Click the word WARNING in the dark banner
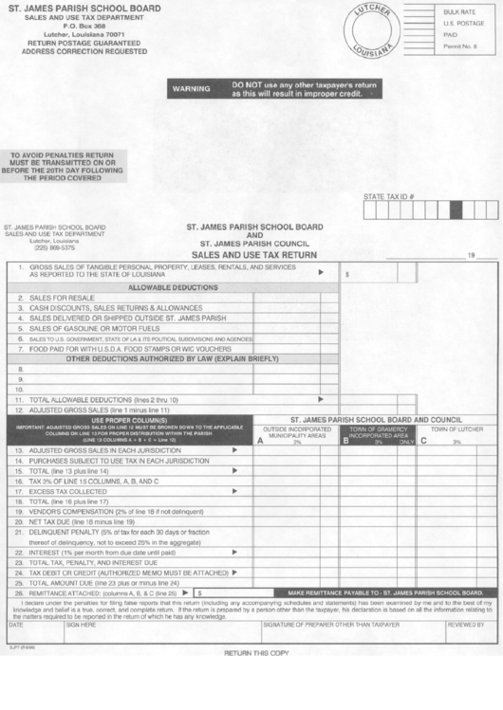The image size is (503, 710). [191, 89]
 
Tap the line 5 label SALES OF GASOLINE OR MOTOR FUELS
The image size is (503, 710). [86, 328]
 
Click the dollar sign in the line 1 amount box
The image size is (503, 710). [348, 273]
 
